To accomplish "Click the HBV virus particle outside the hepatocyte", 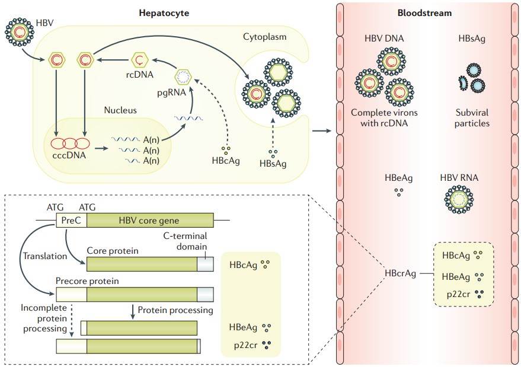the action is pos(19,32).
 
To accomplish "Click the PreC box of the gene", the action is pos(71,222).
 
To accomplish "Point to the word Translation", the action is pos(41,256).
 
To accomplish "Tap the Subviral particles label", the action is pos(472,118).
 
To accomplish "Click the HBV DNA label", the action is pos(385,39).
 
